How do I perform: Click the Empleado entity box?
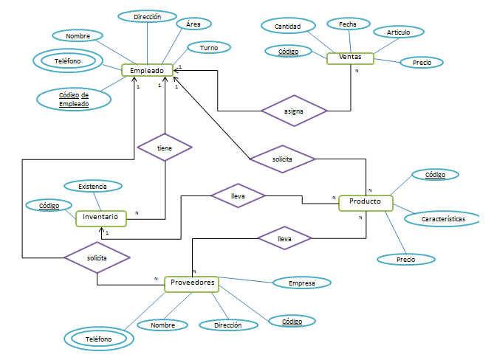pyautogui.click(x=147, y=71)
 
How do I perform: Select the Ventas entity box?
pyautogui.click(x=350, y=58)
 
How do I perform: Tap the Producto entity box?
pyautogui.click(x=366, y=202)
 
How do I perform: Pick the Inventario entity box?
pyautogui.click(x=101, y=218)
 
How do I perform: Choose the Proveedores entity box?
pyautogui.click(x=193, y=283)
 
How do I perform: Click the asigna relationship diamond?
pyautogui.click(x=294, y=111)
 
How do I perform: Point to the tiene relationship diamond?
pyautogui.click(x=165, y=148)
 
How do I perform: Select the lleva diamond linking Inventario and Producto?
pyautogui.click(x=238, y=195)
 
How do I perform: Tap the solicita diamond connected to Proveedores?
pyautogui.click(x=97, y=258)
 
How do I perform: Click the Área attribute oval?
pyautogui.click(x=193, y=24)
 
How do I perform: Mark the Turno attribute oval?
pyautogui.click(x=209, y=48)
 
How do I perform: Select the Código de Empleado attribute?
pyautogui.click(x=74, y=100)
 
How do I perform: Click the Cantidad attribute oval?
pyautogui.click(x=287, y=27)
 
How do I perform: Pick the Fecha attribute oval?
pyautogui.click(x=348, y=24)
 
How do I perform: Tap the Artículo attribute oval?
pyautogui.click(x=398, y=32)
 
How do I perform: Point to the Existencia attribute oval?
pyautogui.click(x=93, y=187)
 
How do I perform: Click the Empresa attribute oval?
pyautogui.click(x=302, y=283)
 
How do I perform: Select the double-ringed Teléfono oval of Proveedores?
pyautogui.click(x=98, y=339)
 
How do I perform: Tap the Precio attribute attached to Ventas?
pyautogui.click(x=422, y=63)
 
